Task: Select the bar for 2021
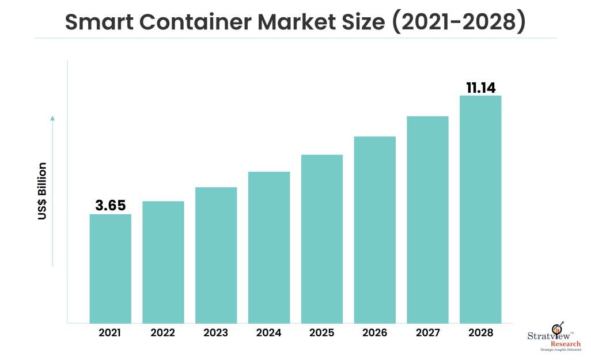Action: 111,268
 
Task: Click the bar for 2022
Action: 163,262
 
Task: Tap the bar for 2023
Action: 216,255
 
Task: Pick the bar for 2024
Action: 269,247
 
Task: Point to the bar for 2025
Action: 322,239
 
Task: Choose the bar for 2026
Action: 375,230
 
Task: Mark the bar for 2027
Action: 427,219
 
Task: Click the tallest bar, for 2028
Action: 480,209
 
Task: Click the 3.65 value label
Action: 111,206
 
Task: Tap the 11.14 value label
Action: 480,88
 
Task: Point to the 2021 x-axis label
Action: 111,333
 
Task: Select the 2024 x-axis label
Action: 269,333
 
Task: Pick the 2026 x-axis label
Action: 375,333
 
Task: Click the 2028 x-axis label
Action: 480,333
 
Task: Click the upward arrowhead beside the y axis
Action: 52,118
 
